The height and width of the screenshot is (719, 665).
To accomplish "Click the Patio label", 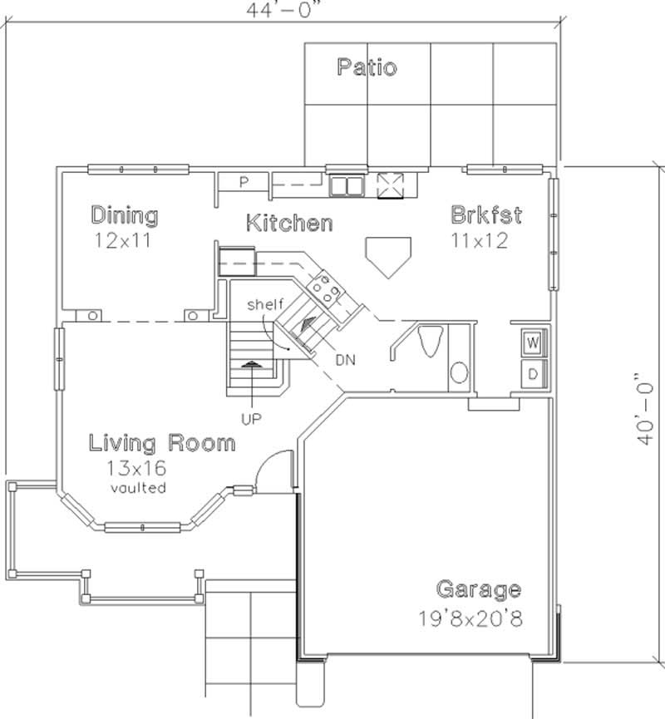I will [x=367, y=67].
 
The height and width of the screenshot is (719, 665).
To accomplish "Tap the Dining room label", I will [x=124, y=216].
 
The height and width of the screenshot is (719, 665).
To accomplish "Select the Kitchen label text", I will [x=289, y=223].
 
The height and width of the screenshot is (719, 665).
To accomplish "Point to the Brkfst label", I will [x=486, y=215].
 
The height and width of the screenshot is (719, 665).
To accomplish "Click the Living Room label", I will [x=162, y=442].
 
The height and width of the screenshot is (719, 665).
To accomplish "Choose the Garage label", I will [x=479, y=590].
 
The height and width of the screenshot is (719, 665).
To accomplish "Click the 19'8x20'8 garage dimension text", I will [x=470, y=619].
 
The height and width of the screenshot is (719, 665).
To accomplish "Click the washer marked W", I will [x=532, y=342].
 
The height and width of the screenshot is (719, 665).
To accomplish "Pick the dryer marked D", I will [x=532, y=373].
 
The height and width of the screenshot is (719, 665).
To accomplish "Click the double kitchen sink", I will [x=346, y=185].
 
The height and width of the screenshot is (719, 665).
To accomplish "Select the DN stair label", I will [x=346, y=361].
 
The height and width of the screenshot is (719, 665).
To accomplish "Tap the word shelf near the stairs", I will [x=265, y=305].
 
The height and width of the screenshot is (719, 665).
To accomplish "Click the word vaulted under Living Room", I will [x=138, y=487].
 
